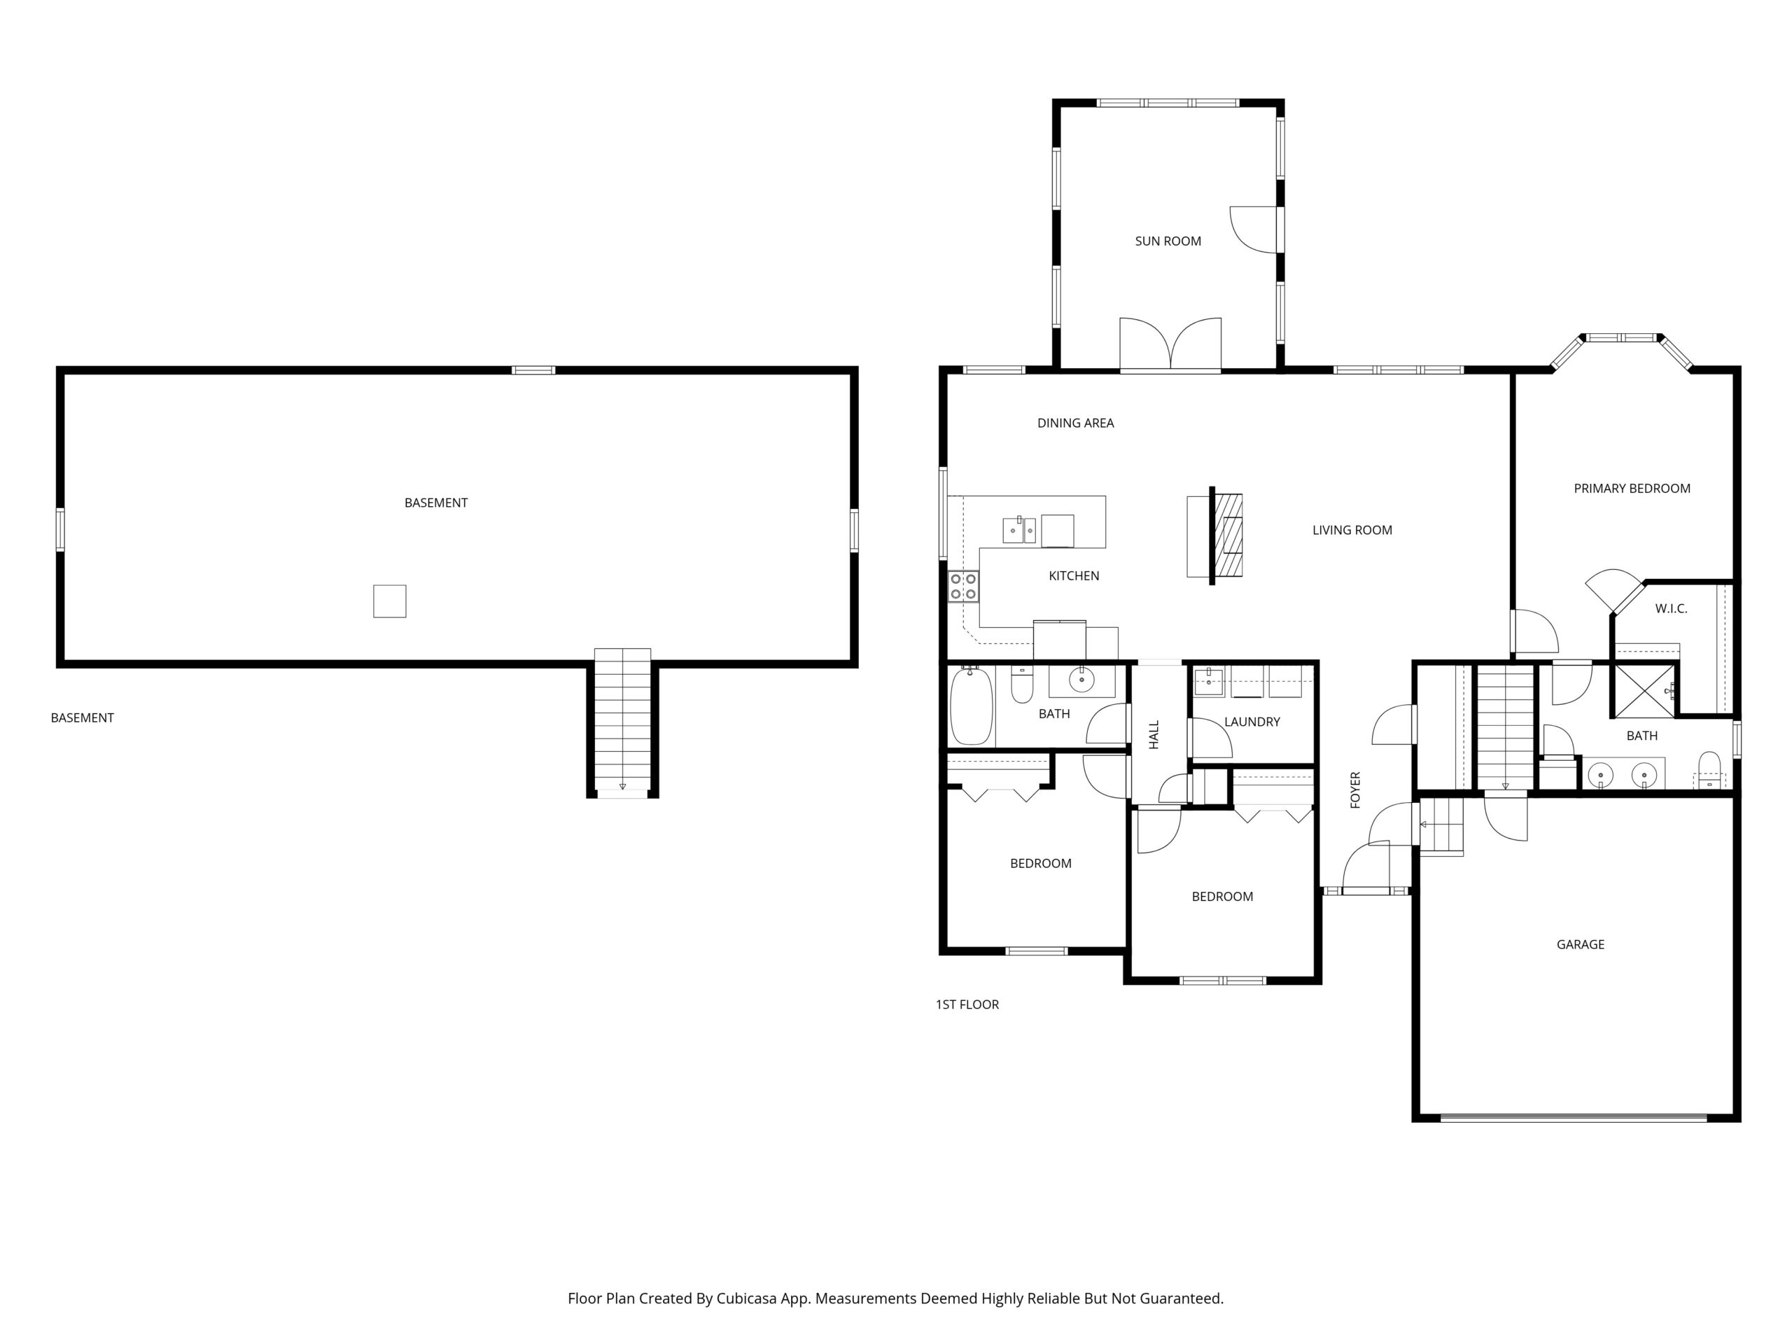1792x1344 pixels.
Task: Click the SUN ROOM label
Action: coord(1168,241)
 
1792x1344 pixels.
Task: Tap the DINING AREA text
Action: coord(1075,423)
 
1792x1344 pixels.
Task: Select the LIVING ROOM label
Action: coord(1352,531)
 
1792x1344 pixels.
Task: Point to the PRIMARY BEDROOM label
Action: coord(1632,489)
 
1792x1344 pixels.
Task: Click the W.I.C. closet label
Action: coord(1670,608)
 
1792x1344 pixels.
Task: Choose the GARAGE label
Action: coord(1580,944)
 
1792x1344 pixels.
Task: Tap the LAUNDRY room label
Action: coord(1252,722)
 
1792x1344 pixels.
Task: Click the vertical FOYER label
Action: coord(1355,790)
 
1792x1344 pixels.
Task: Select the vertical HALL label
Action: coord(1154,735)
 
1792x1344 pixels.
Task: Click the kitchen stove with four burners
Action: coord(963,587)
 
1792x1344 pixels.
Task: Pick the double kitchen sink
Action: coord(1019,530)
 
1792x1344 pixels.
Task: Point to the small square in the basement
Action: coord(390,601)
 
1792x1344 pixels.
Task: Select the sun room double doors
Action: coord(1170,345)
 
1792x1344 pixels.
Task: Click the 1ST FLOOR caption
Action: coord(967,1004)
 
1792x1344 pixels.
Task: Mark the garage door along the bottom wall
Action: coord(1574,1118)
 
